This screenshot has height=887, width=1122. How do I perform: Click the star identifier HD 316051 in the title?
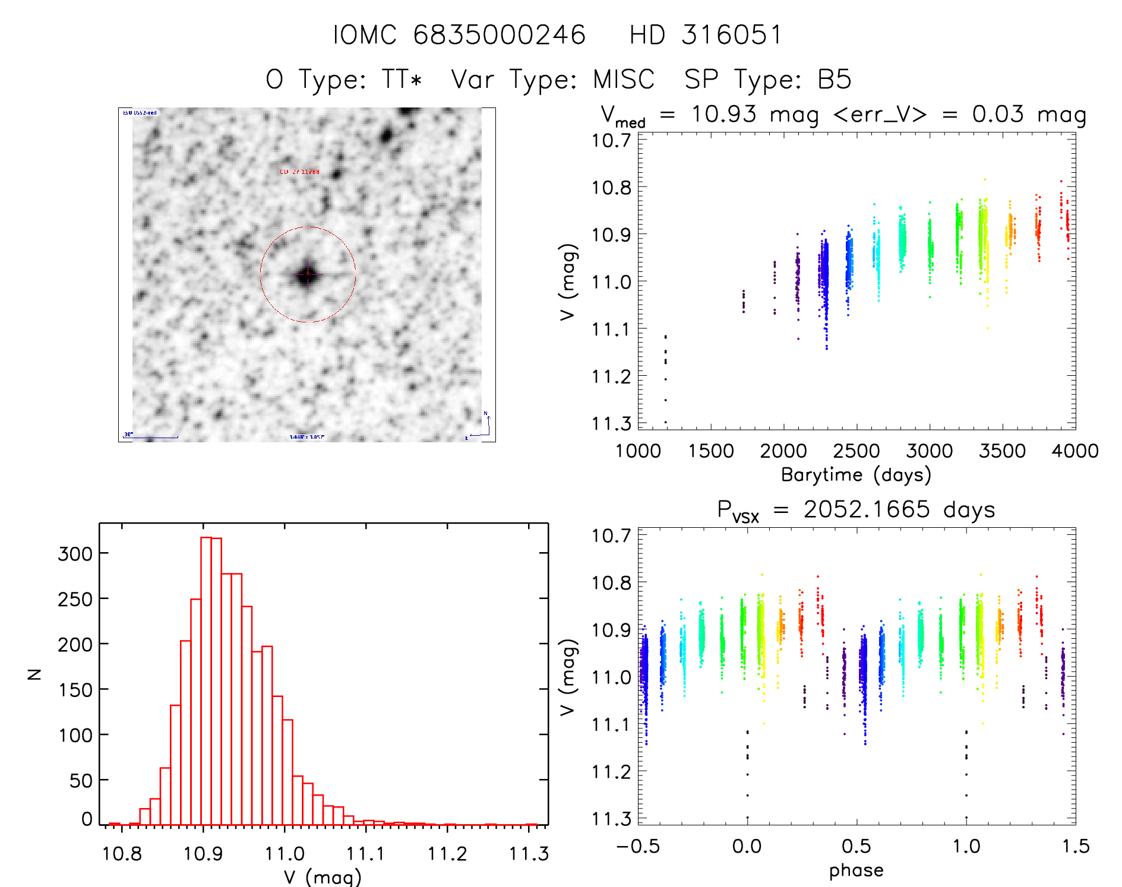pyautogui.click(x=706, y=35)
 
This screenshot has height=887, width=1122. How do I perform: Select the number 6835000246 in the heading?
pyautogui.click(x=500, y=35)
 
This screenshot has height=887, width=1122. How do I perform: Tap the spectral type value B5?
pyautogui.click(x=835, y=80)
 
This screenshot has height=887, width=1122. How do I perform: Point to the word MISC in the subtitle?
pyautogui.click(x=623, y=80)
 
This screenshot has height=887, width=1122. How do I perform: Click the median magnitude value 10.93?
pyautogui.click(x=724, y=114)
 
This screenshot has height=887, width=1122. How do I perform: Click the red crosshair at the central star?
pyautogui.click(x=308, y=274)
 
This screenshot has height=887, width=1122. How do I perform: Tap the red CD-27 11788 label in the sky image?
pyautogui.click(x=299, y=172)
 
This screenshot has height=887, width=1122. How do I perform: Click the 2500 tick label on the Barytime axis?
pyautogui.click(x=856, y=451)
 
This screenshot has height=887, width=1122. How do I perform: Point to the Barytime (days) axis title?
pyautogui.click(x=856, y=475)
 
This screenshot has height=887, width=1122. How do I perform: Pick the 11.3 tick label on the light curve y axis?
pyautogui.click(x=611, y=423)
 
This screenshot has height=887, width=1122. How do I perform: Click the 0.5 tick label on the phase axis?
pyautogui.click(x=856, y=846)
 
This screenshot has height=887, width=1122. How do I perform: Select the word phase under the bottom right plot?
pyautogui.click(x=856, y=870)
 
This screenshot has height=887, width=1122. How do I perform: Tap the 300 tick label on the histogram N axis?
pyautogui.click(x=75, y=553)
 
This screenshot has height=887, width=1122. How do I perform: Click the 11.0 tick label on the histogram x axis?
pyautogui.click(x=285, y=854)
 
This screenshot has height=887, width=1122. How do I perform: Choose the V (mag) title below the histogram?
pyautogui.click(x=323, y=877)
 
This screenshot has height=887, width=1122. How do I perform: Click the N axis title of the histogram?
pyautogui.click(x=35, y=674)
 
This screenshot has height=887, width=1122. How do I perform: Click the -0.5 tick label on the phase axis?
pyautogui.click(x=638, y=846)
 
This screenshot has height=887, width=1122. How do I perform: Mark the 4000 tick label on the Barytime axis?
pyautogui.click(x=1075, y=451)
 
